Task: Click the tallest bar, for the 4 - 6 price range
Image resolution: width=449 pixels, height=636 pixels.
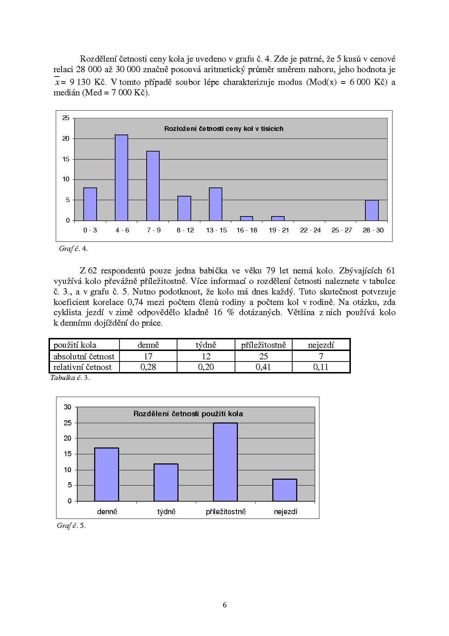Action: [x=121, y=178]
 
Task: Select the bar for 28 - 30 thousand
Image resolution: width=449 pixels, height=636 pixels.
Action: [x=372, y=210]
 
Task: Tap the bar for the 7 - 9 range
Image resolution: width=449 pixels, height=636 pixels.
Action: [x=153, y=186]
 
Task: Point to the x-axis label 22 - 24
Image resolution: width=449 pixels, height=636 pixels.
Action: [x=310, y=230]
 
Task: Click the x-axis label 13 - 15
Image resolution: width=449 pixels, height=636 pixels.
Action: [x=216, y=230]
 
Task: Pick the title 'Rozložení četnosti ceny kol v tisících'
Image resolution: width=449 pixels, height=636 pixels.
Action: [x=224, y=129]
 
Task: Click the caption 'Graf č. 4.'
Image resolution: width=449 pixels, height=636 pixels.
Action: [x=73, y=249]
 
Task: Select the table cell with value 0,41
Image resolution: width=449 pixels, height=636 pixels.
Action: [x=263, y=367]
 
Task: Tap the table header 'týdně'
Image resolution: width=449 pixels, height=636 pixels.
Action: [x=206, y=345]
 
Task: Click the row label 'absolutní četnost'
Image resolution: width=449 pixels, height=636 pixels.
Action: [x=84, y=356]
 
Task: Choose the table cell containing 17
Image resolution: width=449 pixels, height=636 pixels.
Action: [x=148, y=356]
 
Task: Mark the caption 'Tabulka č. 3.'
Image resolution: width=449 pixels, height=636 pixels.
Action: [x=70, y=378]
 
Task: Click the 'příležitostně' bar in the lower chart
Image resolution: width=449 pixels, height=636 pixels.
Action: [x=225, y=462]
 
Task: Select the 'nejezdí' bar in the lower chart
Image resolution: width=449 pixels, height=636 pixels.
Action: [x=285, y=490]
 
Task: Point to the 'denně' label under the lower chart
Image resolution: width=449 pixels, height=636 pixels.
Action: [x=107, y=512]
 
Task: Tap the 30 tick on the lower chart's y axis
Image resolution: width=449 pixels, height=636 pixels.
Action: [x=68, y=407]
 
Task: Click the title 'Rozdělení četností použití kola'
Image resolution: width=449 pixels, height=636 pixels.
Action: [x=188, y=414]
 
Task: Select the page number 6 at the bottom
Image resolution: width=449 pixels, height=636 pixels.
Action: [x=224, y=605]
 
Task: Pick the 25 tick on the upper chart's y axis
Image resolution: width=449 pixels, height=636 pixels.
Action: [x=66, y=118]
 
